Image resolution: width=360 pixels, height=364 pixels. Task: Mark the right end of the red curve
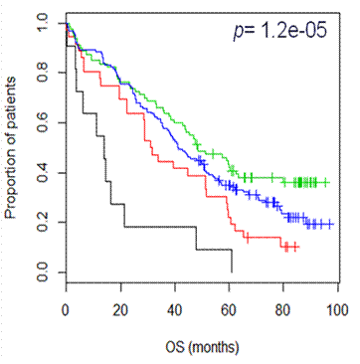(x=297, y=246)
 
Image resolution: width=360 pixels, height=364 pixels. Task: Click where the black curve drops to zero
(x=232, y=272)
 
